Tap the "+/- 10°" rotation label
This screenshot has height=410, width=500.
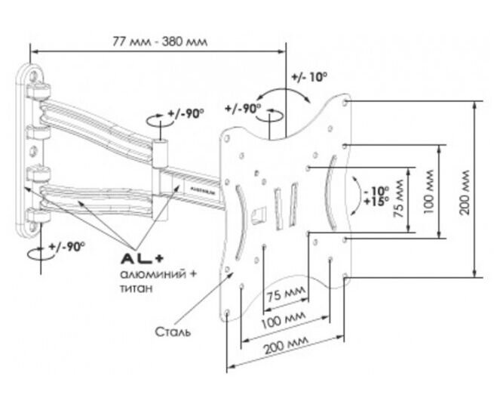pos(308,78)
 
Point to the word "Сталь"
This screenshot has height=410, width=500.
pos(172,331)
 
